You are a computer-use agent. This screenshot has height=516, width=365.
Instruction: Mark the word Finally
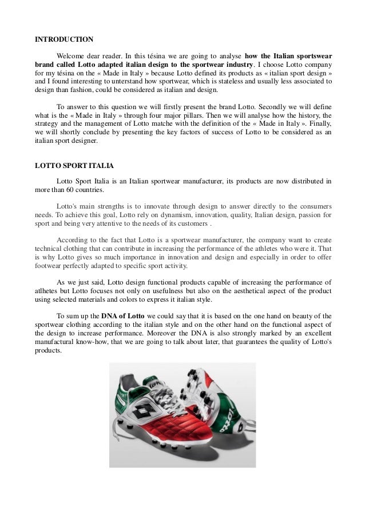click(x=317, y=123)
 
